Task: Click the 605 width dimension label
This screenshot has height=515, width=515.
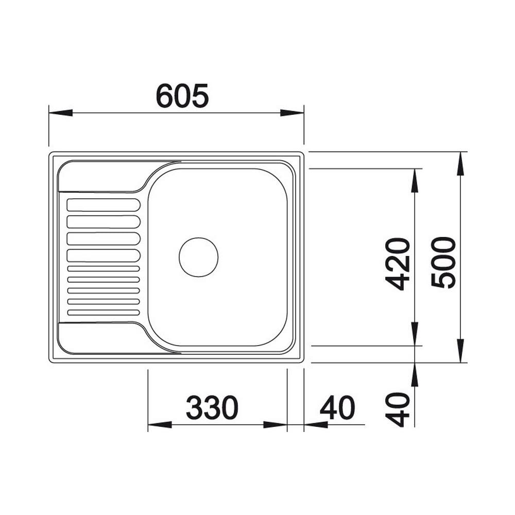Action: tap(182, 96)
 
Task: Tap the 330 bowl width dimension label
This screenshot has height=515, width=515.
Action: tap(212, 407)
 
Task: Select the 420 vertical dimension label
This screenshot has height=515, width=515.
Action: tap(398, 264)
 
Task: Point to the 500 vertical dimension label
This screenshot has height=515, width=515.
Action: tap(444, 263)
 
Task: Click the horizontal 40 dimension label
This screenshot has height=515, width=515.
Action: tap(338, 407)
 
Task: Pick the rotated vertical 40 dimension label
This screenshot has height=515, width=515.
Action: tap(398, 409)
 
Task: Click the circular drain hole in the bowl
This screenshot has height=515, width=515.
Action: tap(199, 257)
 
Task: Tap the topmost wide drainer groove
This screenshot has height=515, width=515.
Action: tap(104, 205)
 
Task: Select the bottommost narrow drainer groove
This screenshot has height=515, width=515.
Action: tap(104, 313)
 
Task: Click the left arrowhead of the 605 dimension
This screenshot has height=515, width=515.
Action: tap(60, 113)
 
